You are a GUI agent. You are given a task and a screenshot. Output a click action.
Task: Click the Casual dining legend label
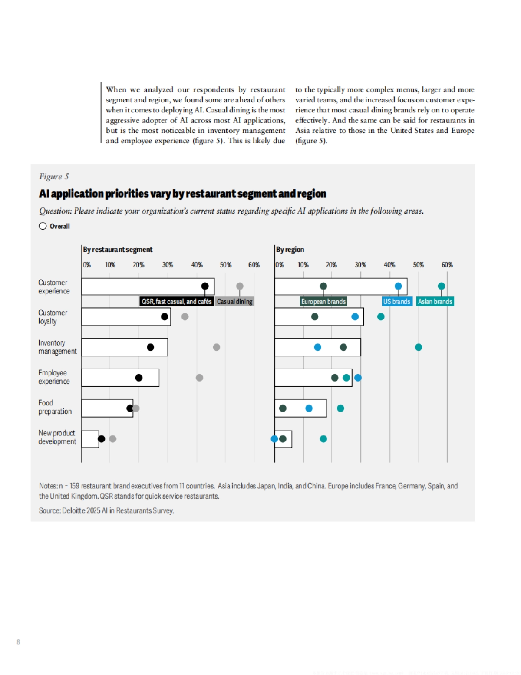[234, 301]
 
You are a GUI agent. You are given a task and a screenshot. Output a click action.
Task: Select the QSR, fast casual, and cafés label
[176, 301]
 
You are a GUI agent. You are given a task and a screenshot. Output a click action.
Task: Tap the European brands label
[323, 301]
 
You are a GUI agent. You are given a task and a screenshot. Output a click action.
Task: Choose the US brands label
[396, 301]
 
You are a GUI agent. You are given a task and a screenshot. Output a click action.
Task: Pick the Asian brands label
[435, 301]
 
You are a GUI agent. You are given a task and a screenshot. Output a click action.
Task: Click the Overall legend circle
[43, 226]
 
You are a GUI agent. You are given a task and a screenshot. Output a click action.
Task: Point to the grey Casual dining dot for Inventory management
[217, 347]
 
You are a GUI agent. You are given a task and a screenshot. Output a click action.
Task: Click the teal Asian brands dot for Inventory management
[419, 347]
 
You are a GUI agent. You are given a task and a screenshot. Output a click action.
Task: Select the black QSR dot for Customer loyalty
[165, 317]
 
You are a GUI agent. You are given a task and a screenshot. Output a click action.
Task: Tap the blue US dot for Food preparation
[309, 408]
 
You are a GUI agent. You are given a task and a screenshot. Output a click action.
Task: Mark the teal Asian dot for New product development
[323, 439]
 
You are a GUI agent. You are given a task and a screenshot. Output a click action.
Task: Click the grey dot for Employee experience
[199, 378]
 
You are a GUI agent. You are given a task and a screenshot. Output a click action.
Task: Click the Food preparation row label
[55, 407]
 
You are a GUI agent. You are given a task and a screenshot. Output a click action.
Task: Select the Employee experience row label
[54, 377]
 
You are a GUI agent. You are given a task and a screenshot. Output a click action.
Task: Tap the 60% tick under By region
[447, 265]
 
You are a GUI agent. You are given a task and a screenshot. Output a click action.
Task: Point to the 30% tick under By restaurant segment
[168, 265]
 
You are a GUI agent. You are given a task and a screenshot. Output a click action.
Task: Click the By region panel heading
[290, 250]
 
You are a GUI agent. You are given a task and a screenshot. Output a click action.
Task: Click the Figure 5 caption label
[54, 176]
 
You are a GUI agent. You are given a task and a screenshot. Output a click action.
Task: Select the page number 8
[18, 642]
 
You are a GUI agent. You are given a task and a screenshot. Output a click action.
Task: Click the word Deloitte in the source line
[74, 510]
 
